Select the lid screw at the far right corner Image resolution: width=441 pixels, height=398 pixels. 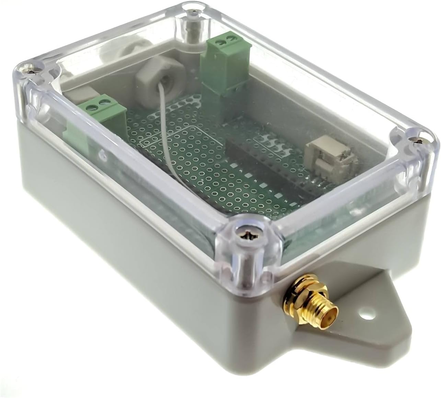coord(417,139)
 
